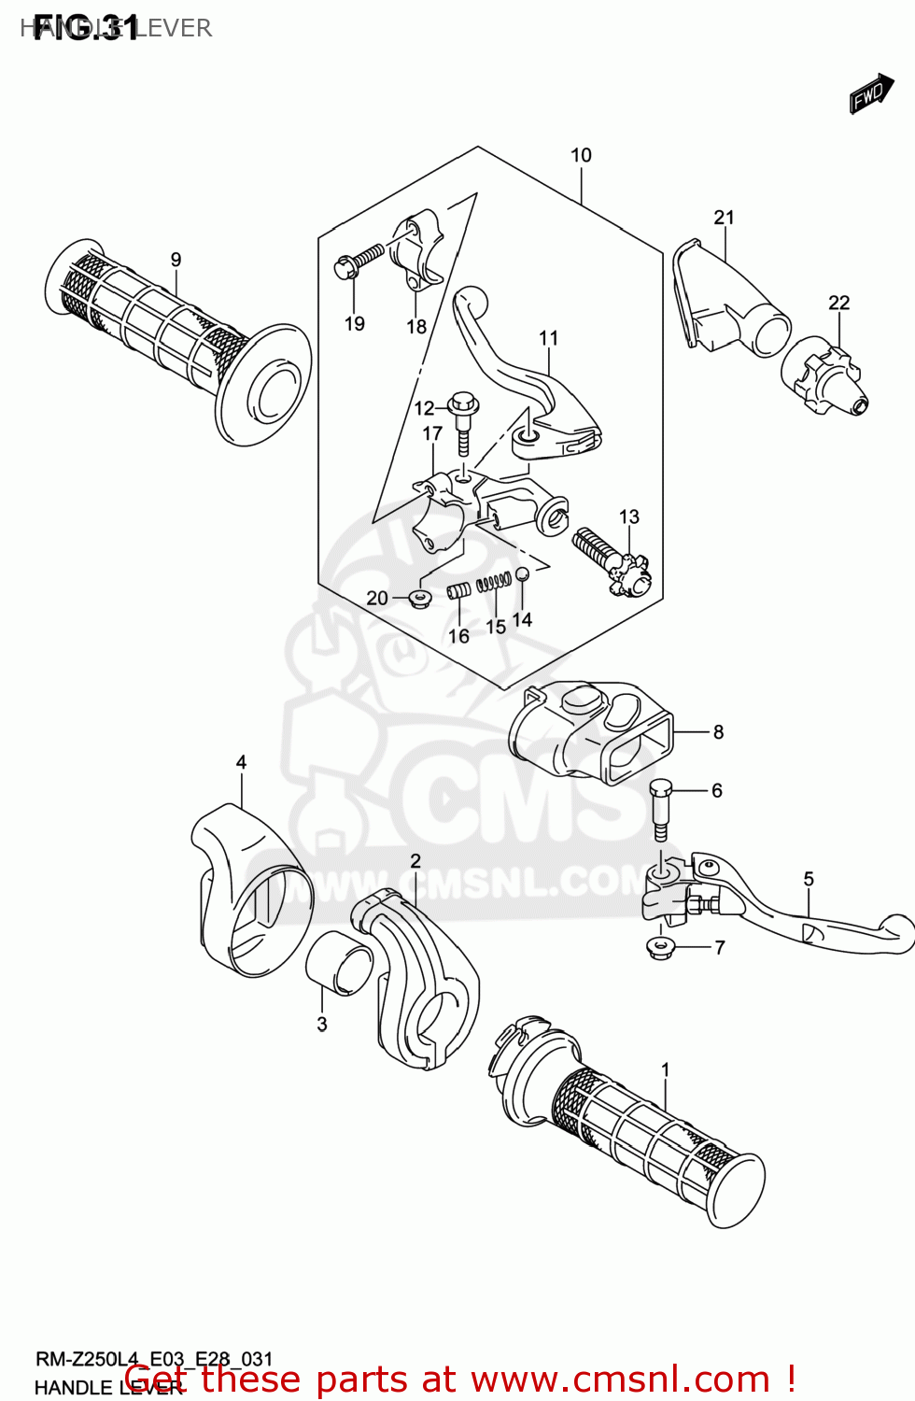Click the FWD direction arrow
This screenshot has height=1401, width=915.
(x=870, y=94)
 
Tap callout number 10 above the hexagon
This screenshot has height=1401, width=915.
(x=581, y=156)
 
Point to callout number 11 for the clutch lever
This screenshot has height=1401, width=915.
(x=549, y=338)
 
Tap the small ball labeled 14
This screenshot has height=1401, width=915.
(x=523, y=573)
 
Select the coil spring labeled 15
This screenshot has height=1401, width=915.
(x=494, y=584)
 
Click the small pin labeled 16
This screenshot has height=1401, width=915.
(x=458, y=590)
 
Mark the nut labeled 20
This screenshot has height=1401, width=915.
(x=419, y=597)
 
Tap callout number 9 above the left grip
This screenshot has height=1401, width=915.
(x=176, y=260)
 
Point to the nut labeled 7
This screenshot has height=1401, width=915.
(x=661, y=948)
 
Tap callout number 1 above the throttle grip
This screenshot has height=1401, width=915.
(x=665, y=1069)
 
